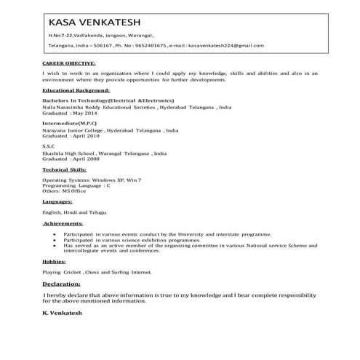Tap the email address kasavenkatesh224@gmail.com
pos(226,45)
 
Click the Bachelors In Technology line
pos(108,100)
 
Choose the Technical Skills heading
pos(65,169)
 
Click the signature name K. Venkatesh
pos(63,312)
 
